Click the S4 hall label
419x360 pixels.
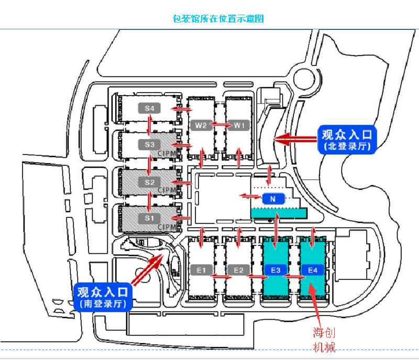coord(149,108)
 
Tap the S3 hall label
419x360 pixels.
coord(149,144)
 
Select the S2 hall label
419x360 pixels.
coord(149,182)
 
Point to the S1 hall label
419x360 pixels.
coord(149,217)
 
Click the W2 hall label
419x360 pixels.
coord(201,126)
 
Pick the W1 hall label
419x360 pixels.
coord(239,126)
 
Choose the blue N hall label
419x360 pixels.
coord(272,199)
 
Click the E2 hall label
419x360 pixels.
coord(239,270)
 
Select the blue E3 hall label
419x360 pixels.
coord(275,270)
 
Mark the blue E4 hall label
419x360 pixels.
coord(313,270)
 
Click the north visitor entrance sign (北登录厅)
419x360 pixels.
coord(347,139)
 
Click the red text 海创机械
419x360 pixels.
coord(324,340)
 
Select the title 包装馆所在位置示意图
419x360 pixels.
coord(218,19)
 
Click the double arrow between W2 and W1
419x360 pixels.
coord(220,125)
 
